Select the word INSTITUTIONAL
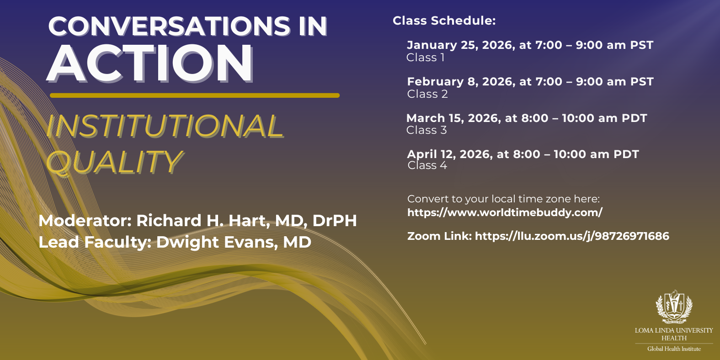pos(165,126)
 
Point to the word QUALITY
pos(114,162)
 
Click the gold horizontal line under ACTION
pos(194,95)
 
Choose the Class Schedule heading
pos(444,21)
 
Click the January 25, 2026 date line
pos(530,45)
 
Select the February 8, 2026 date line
pos(530,81)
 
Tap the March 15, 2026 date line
pos(527,118)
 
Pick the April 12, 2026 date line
pos(523,154)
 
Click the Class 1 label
pos(425,58)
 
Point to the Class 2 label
pos(427,94)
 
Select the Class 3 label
pos(427,130)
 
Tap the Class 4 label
pos(427,165)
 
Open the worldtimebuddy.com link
pos(505,212)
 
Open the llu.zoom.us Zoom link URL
pos(572,236)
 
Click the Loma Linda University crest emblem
pos(674,306)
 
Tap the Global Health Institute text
pos(674,349)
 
